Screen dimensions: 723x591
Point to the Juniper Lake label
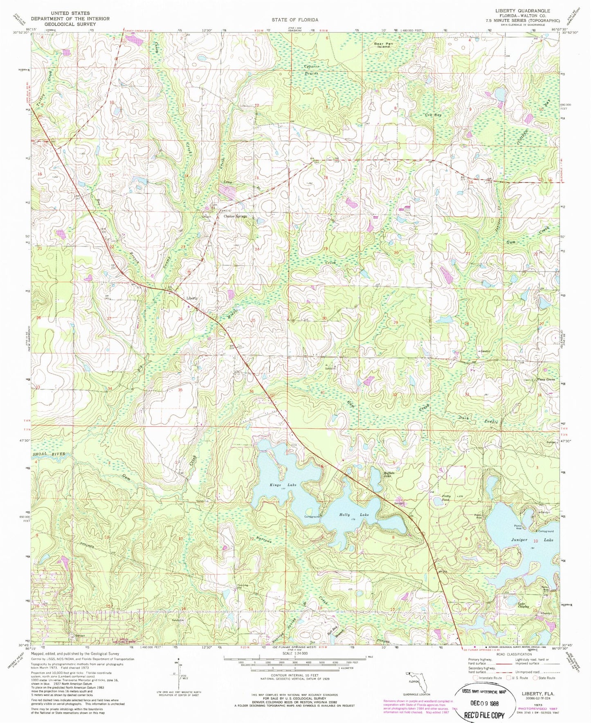[x=532, y=540]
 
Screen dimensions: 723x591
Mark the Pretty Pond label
[x=446, y=498]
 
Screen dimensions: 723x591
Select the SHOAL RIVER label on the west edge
[x=48, y=454]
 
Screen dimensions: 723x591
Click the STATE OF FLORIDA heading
[x=295, y=20]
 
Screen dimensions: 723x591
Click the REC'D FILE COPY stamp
[x=484, y=714]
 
